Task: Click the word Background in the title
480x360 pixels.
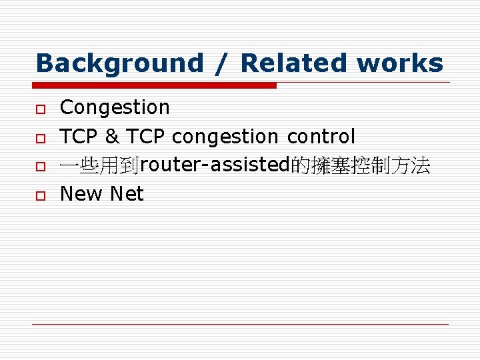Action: click(x=119, y=64)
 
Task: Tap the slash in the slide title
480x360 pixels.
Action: click(x=222, y=64)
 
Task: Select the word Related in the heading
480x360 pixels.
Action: click(x=294, y=64)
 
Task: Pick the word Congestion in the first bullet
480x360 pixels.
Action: click(x=115, y=107)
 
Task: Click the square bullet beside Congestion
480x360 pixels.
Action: click(x=41, y=108)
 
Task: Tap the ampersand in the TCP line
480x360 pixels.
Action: click(x=112, y=137)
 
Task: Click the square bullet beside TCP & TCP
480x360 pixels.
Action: click(x=41, y=137)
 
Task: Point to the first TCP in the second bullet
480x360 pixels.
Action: click(x=79, y=137)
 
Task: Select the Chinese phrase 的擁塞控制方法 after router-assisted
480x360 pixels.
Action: click(x=361, y=165)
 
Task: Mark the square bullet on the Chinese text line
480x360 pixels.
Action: click(x=41, y=166)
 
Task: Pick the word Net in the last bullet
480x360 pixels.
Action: click(x=127, y=194)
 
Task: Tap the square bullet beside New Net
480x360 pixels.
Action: click(x=41, y=195)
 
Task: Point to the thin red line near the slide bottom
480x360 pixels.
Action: click(x=240, y=324)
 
